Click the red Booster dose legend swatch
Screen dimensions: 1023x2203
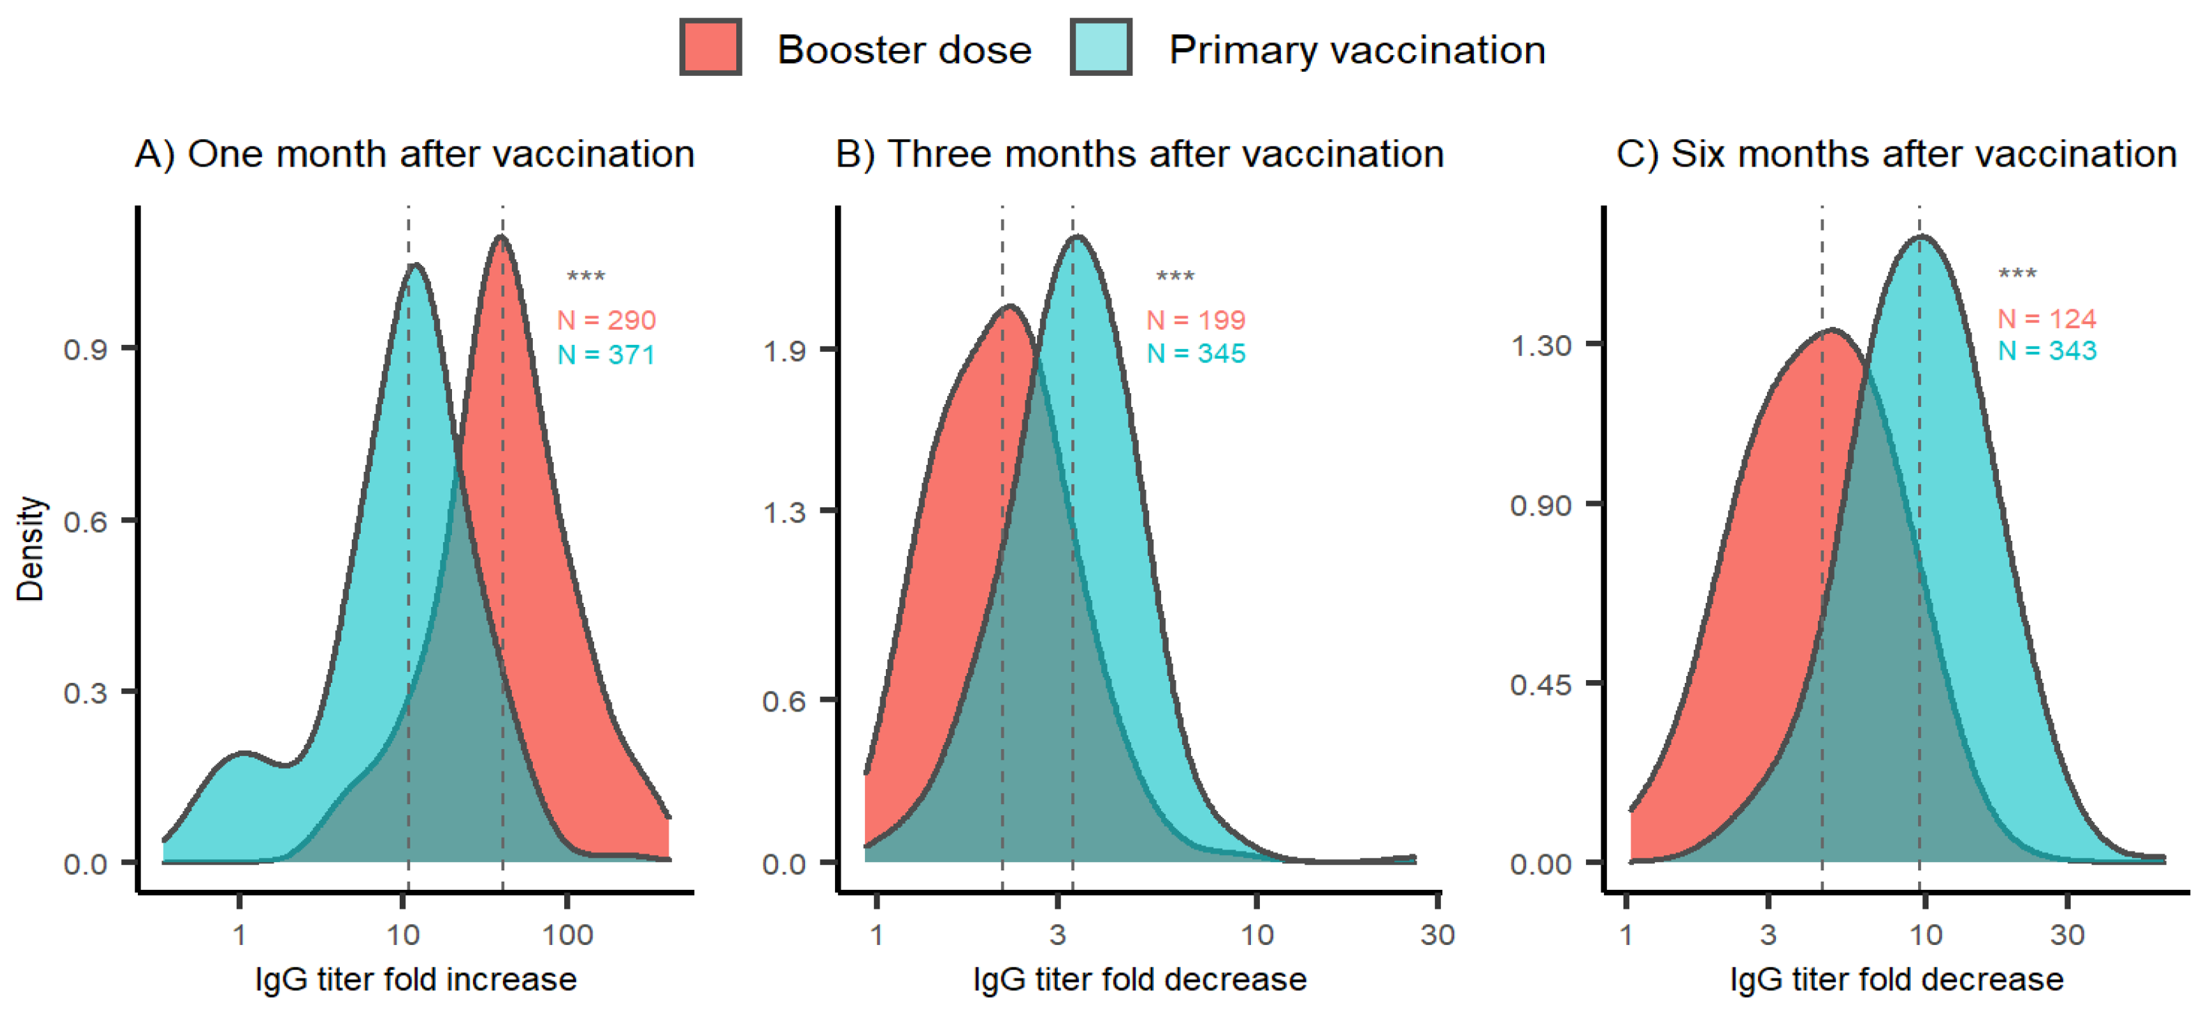click(710, 49)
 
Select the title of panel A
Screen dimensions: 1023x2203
click(415, 155)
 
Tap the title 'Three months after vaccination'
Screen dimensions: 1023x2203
click(1139, 155)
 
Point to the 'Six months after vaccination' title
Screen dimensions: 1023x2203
click(1896, 155)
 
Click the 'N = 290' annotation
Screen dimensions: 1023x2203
click(607, 320)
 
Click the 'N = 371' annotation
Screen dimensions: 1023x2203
click(607, 354)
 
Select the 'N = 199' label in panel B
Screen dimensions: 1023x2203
click(1196, 320)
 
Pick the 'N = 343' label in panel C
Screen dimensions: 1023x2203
click(2046, 351)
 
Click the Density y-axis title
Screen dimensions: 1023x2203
click(30, 548)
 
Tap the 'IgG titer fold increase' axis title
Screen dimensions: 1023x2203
click(416, 979)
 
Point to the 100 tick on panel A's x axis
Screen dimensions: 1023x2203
click(567, 934)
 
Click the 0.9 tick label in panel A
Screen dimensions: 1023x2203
click(86, 349)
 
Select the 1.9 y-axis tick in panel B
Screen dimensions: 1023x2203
click(784, 350)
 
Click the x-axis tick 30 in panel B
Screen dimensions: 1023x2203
click(1438, 934)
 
